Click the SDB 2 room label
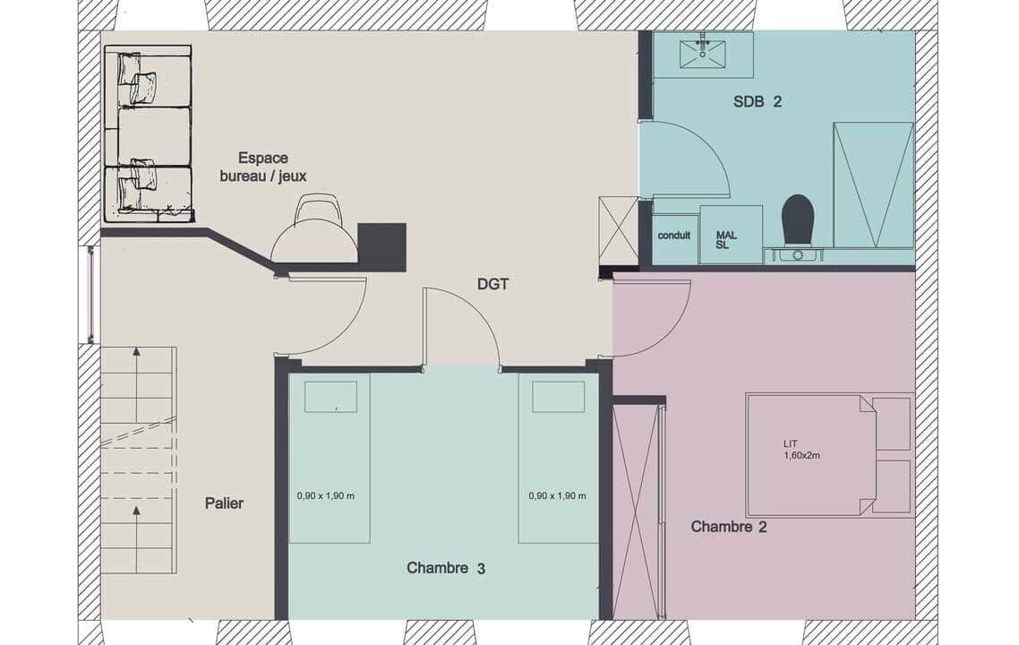click(758, 101)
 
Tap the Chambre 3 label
click(446, 568)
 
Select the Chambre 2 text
click(729, 526)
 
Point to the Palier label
click(224, 503)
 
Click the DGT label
click(492, 284)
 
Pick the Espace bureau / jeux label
click(263, 168)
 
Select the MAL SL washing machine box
click(731, 235)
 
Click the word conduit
click(674, 236)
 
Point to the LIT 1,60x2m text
click(801, 450)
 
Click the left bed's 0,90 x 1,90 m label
click(326, 495)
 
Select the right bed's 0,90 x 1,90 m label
click(558, 495)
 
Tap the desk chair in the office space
click(319, 211)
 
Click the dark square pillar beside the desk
click(382, 247)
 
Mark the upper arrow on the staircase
click(136, 384)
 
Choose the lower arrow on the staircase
click(136, 537)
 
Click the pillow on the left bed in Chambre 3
click(330, 397)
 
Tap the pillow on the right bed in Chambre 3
click(558, 397)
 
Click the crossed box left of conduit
click(618, 230)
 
